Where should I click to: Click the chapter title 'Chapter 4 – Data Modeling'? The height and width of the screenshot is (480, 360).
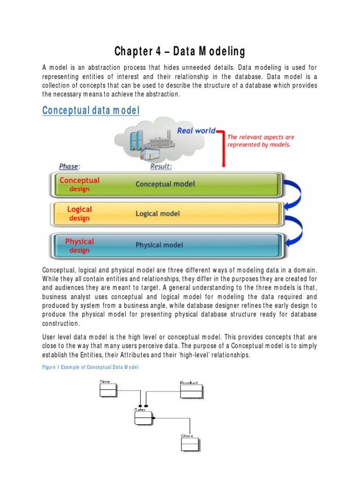coord(180,51)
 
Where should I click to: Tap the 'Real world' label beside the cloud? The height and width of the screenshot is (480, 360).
coord(196,130)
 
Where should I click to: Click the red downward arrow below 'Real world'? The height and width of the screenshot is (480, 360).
coord(224,150)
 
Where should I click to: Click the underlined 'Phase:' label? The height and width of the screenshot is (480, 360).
coord(69,166)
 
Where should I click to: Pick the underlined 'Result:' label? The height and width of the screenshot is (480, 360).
coord(161,166)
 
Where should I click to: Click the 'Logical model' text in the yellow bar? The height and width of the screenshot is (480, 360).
coord(157,214)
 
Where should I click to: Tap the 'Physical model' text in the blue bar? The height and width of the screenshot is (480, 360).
coord(159,245)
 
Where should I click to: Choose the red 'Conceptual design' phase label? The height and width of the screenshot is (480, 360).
coord(79,184)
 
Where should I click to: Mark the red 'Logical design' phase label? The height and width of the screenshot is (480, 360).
coord(79,214)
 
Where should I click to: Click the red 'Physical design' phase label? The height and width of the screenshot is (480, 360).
coord(79,245)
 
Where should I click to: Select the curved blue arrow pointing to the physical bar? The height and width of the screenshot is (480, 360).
coord(295,230)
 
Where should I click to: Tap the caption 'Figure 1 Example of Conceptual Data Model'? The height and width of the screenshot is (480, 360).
coord(90,367)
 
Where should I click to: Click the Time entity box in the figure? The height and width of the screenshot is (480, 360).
coord(108,390)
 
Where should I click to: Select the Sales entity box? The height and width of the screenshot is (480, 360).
coord(144,417)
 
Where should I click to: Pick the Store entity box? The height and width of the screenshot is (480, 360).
coord(189,443)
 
